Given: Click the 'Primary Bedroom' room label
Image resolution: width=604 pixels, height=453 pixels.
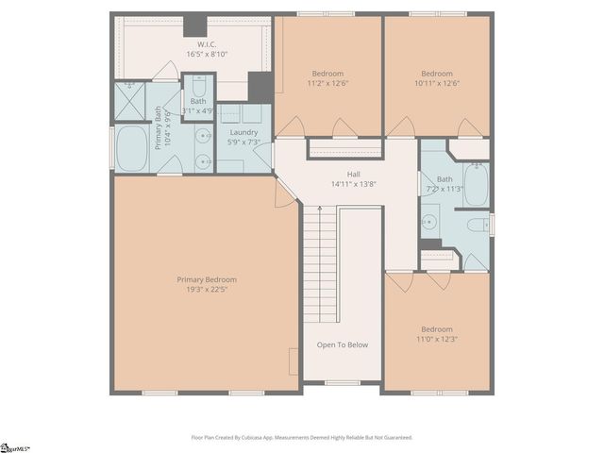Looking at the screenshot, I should (x=207, y=279).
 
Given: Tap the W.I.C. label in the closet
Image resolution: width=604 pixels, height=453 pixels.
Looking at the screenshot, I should (x=207, y=44).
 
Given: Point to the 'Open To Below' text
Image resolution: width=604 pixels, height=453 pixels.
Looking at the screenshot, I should (x=342, y=344).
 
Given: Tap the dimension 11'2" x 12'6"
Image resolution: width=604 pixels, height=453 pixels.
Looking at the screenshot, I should (x=327, y=83).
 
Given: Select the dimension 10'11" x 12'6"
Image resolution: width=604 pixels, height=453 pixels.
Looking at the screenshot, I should (x=436, y=83).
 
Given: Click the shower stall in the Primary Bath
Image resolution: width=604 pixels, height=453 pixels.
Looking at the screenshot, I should (x=129, y=102).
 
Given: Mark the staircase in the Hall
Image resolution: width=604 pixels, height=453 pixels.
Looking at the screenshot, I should (x=320, y=264).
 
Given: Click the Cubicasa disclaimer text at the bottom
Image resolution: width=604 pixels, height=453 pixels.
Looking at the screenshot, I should (x=301, y=437).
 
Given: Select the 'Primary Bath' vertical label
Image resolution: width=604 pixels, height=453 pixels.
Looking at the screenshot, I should (x=159, y=126).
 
